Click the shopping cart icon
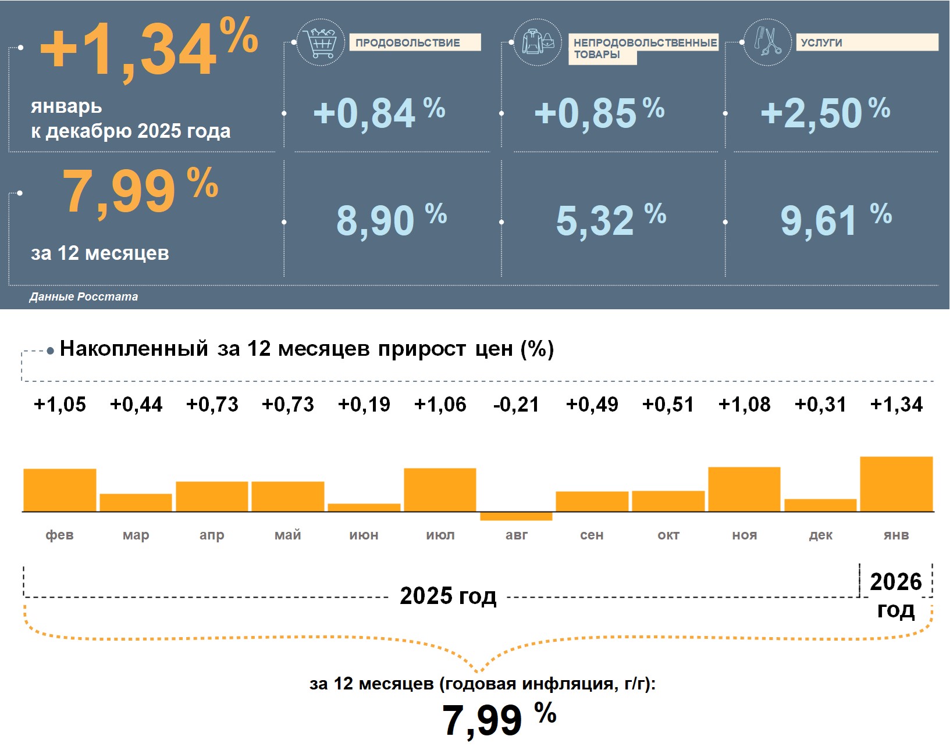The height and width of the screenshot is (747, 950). click(x=320, y=42)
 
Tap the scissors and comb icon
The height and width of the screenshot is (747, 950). click(x=768, y=42)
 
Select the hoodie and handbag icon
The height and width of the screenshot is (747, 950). click(x=538, y=42)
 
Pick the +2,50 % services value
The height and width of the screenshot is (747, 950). click(x=824, y=113)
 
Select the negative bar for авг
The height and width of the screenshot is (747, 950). click(x=516, y=516)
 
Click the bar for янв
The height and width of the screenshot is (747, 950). click(x=896, y=484)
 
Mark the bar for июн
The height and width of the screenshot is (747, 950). click(x=364, y=507)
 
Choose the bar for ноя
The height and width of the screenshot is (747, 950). click(x=744, y=489)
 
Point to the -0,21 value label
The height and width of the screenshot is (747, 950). click(x=516, y=405)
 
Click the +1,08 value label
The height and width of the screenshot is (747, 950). click(x=744, y=405)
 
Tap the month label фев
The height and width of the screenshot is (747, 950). click(x=59, y=535)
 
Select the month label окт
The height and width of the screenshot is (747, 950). click(x=668, y=535)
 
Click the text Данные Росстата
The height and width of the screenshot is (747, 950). click(x=84, y=296)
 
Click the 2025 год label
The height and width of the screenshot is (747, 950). click(x=448, y=596)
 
